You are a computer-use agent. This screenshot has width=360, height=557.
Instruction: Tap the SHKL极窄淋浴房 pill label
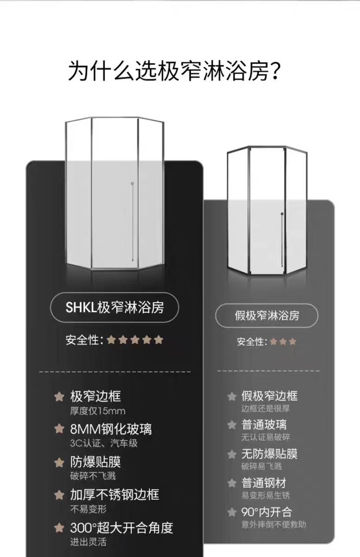pyautogui.click(x=114, y=307)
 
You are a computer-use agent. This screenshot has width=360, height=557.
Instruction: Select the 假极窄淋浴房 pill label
pyautogui.click(x=267, y=317)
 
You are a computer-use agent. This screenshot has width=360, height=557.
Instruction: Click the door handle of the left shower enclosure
pyautogui.click(x=133, y=220)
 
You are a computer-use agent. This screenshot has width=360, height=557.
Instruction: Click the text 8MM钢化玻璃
pyautogui.click(x=111, y=428)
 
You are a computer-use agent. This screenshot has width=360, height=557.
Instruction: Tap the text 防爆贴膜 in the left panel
pyautogui.click(x=96, y=462)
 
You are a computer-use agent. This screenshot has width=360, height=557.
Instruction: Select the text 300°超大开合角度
pyautogui.click(x=122, y=528)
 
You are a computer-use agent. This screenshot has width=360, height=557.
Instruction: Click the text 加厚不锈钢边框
pyautogui.click(x=115, y=495)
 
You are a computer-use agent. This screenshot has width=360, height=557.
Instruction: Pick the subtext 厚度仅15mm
pyautogui.click(x=97, y=411)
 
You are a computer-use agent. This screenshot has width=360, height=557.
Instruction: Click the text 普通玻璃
pyautogui.click(x=264, y=425)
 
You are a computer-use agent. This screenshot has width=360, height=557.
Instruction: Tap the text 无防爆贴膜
pyautogui.click(x=270, y=454)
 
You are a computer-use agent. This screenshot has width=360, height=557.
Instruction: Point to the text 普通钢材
pyautogui.click(x=264, y=483)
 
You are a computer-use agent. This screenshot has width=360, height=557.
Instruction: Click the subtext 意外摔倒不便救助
pyautogui.click(x=274, y=525)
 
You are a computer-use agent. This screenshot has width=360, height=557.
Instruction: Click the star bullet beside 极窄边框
pyautogui.click(x=59, y=396)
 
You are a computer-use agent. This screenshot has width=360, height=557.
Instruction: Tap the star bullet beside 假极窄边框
pyautogui.click(x=232, y=396)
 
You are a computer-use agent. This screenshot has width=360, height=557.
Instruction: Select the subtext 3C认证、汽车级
pyautogui.click(x=104, y=443)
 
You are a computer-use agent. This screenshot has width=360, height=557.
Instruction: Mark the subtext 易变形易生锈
pyautogui.click(x=265, y=496)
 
